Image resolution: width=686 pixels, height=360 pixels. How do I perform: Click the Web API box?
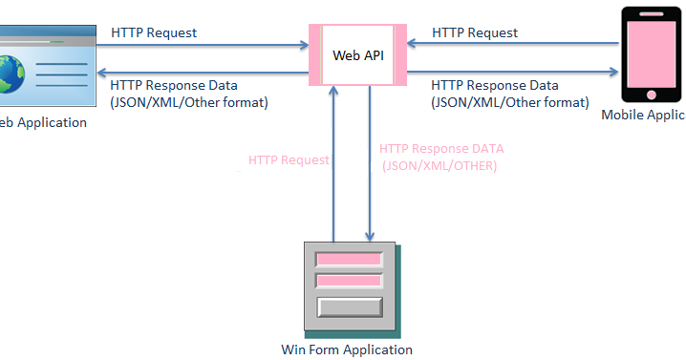point(357,55)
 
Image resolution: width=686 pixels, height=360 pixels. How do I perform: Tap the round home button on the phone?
point(653,94)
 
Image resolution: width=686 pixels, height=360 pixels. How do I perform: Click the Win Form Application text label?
point(347,349)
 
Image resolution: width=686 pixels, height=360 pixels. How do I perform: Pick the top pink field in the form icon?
point(349,260)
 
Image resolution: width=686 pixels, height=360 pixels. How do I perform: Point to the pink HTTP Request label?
point(289,160)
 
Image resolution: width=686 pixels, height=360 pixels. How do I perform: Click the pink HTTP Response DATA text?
point(440,149)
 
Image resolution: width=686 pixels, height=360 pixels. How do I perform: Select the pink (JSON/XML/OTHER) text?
point(440,165)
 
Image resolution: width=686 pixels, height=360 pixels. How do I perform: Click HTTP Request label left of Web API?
point(154,32)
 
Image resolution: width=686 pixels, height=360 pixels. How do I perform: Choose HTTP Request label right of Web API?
point(475,32)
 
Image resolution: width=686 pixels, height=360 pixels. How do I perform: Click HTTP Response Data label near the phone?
point(495,85)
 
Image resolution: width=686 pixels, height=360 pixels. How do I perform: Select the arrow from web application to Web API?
point(201,44)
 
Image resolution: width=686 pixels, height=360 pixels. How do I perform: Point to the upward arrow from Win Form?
point(333,162)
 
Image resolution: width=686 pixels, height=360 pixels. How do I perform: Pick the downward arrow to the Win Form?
point(370,162)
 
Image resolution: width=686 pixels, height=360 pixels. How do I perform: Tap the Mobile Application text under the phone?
point(643,115)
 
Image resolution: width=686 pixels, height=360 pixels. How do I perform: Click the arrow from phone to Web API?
point(516,44)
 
